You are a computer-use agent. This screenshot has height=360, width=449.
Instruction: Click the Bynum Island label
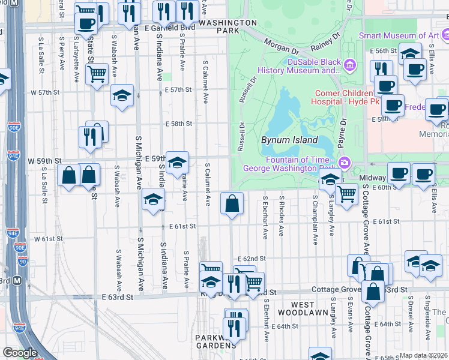289,140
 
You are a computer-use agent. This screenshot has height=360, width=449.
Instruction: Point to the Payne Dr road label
342,130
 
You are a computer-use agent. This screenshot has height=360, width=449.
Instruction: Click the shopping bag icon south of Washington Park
232,203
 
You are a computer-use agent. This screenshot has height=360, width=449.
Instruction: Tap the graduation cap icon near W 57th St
122,95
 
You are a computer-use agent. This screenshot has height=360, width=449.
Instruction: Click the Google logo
20,353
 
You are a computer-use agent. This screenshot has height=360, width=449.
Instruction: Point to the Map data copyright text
423,355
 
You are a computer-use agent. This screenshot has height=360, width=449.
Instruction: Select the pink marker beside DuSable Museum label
349,64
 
